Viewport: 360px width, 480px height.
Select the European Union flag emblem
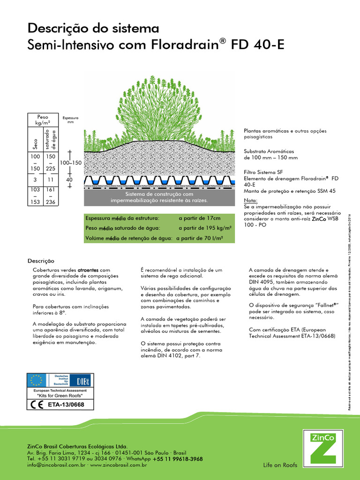point(37,379)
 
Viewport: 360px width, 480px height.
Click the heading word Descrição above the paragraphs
point(41,261)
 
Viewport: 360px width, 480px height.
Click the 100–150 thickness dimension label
point(71,162)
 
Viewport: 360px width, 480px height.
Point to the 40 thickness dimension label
point(69,180)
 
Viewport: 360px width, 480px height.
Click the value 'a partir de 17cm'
point(199,218)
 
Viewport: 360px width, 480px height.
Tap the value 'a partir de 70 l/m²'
point(199,238)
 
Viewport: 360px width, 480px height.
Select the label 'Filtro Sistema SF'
point(263,172)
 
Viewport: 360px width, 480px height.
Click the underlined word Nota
point(251,200)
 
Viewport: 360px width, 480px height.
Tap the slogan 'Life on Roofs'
point(280,465)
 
